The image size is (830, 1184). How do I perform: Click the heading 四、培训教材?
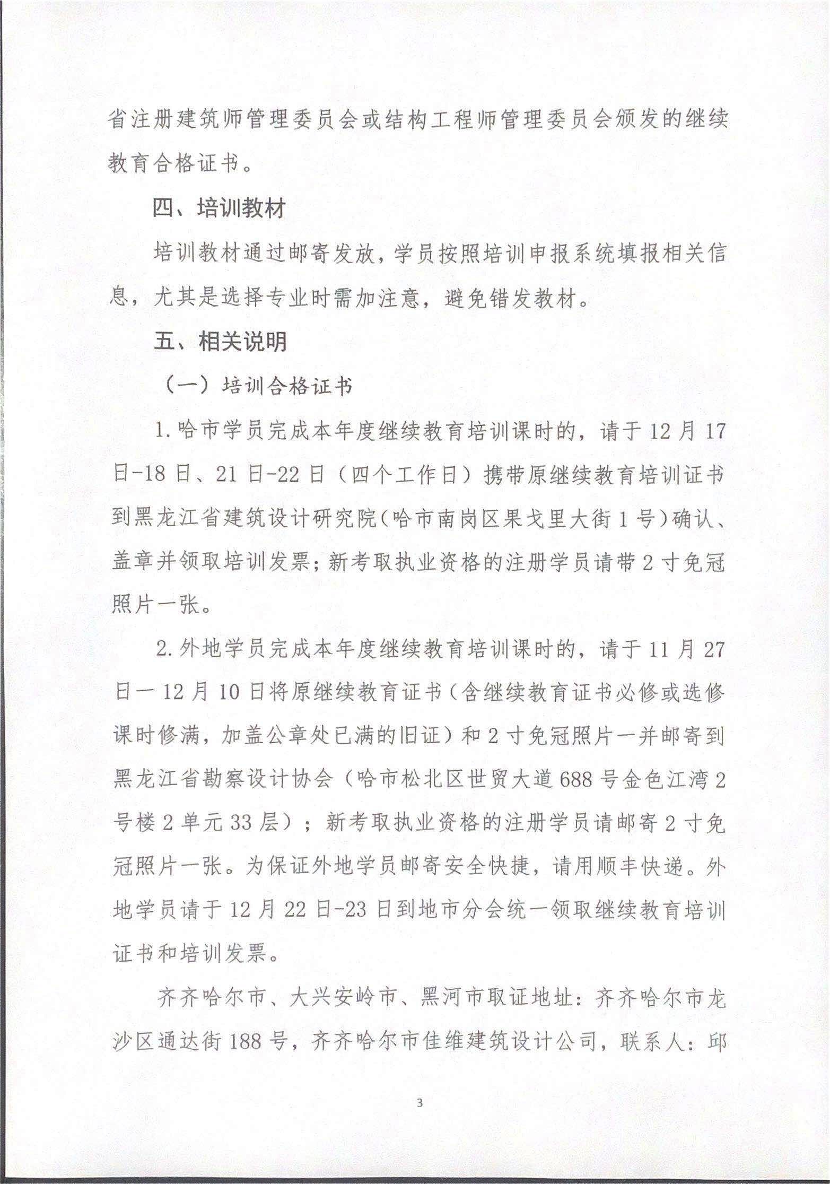(220, 208)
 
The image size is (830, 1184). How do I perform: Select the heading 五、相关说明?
(220, 341)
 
